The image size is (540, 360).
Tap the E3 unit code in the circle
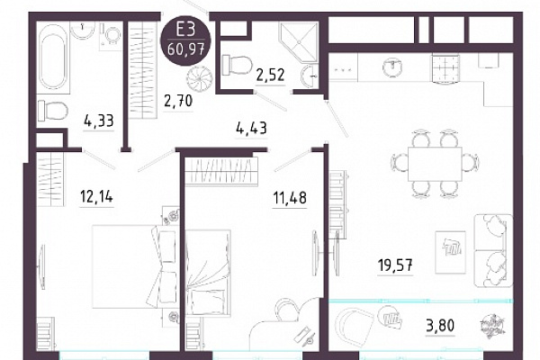pyautogui.click(x=186, y=30)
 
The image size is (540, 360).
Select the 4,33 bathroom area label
pyautogui.click(x=99, y=121)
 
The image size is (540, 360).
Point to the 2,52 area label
pyautogui.click(x=270, y=74)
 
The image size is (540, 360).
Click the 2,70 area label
pyautogui.click(x=178, y=102)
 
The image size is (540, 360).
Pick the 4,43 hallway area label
pyautogui.click(x=251, y=128)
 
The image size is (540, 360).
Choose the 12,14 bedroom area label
pyautogui.click(x=96, y=197)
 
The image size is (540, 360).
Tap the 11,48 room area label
pyautogui.click(x=290, y=198)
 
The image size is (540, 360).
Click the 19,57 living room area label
pyautogui.click(x=395, y=265)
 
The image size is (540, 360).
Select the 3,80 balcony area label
pyautogui.click(x=440, y=325)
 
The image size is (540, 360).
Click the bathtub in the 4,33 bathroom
pyautogui.click(x=53, y=58)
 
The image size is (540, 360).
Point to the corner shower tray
pyautogui.click(x=298, y=42)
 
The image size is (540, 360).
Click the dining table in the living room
pyautogui.click(x=435, y=164)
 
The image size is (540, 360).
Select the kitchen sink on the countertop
pyautogui.click(x=393, y=67)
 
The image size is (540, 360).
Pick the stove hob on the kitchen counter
pyautogui.click(x=445, y=68)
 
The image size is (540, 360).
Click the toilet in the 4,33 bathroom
pyautogui.click(x=52, y=110)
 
